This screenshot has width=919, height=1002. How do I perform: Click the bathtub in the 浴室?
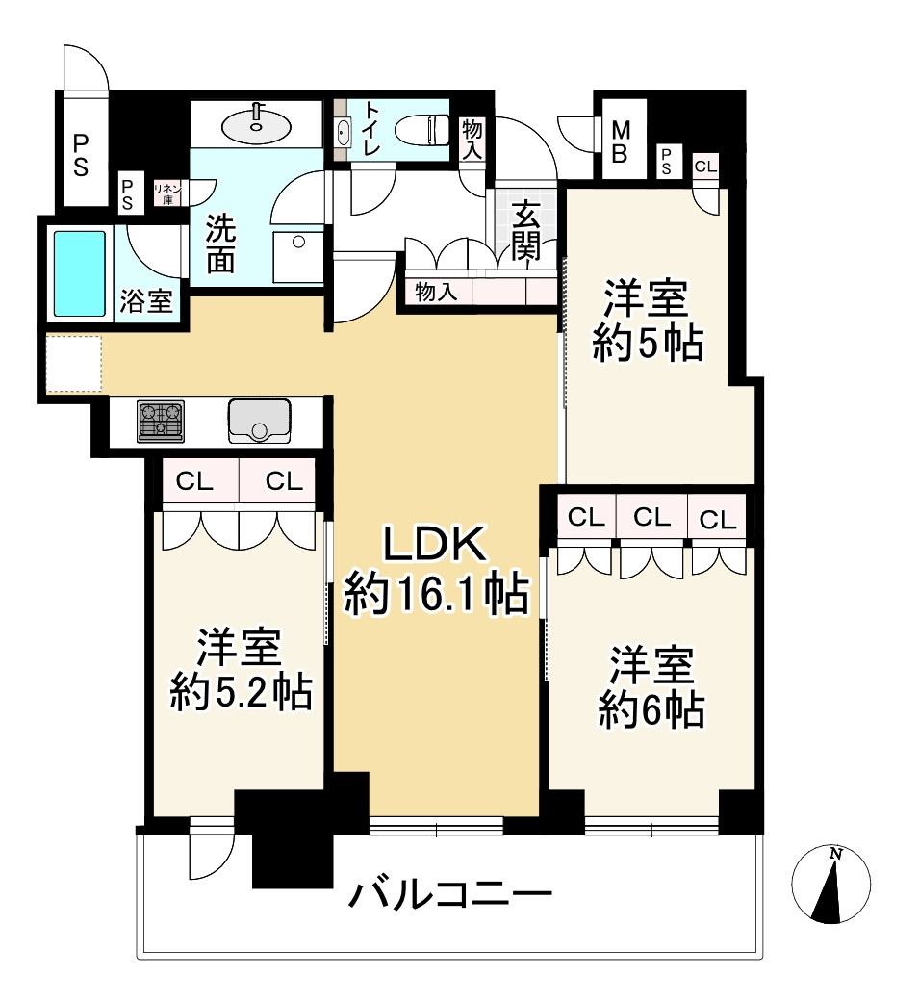(x=79, y=273)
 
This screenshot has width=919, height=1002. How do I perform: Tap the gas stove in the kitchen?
(x=161, y=422)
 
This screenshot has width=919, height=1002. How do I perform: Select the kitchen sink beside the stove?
(x=259, y=420)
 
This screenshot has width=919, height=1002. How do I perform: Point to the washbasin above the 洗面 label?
(x=255, y=124)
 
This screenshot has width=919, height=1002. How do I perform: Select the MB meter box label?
(x=621, y=141)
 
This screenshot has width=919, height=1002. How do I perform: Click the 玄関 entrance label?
(x=526, y=231)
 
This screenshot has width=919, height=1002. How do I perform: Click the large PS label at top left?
(x=81, y=155)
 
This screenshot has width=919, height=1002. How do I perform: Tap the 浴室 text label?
(x=146, y=301)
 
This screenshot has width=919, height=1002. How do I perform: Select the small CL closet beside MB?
(x=705, y=166)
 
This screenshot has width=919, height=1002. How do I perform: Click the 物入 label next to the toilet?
(x=472, y=140)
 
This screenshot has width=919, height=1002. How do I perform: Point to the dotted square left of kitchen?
(x=74, y=364)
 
